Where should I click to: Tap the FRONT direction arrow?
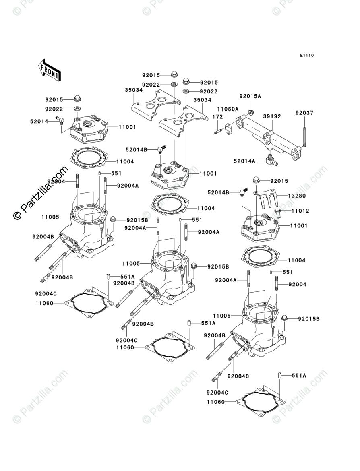[49, 69]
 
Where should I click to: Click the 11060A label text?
[228, 109]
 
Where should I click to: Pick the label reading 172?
[217, 116]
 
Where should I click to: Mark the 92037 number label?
[304, 113]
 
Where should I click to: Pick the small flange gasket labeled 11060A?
[229, 128]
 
